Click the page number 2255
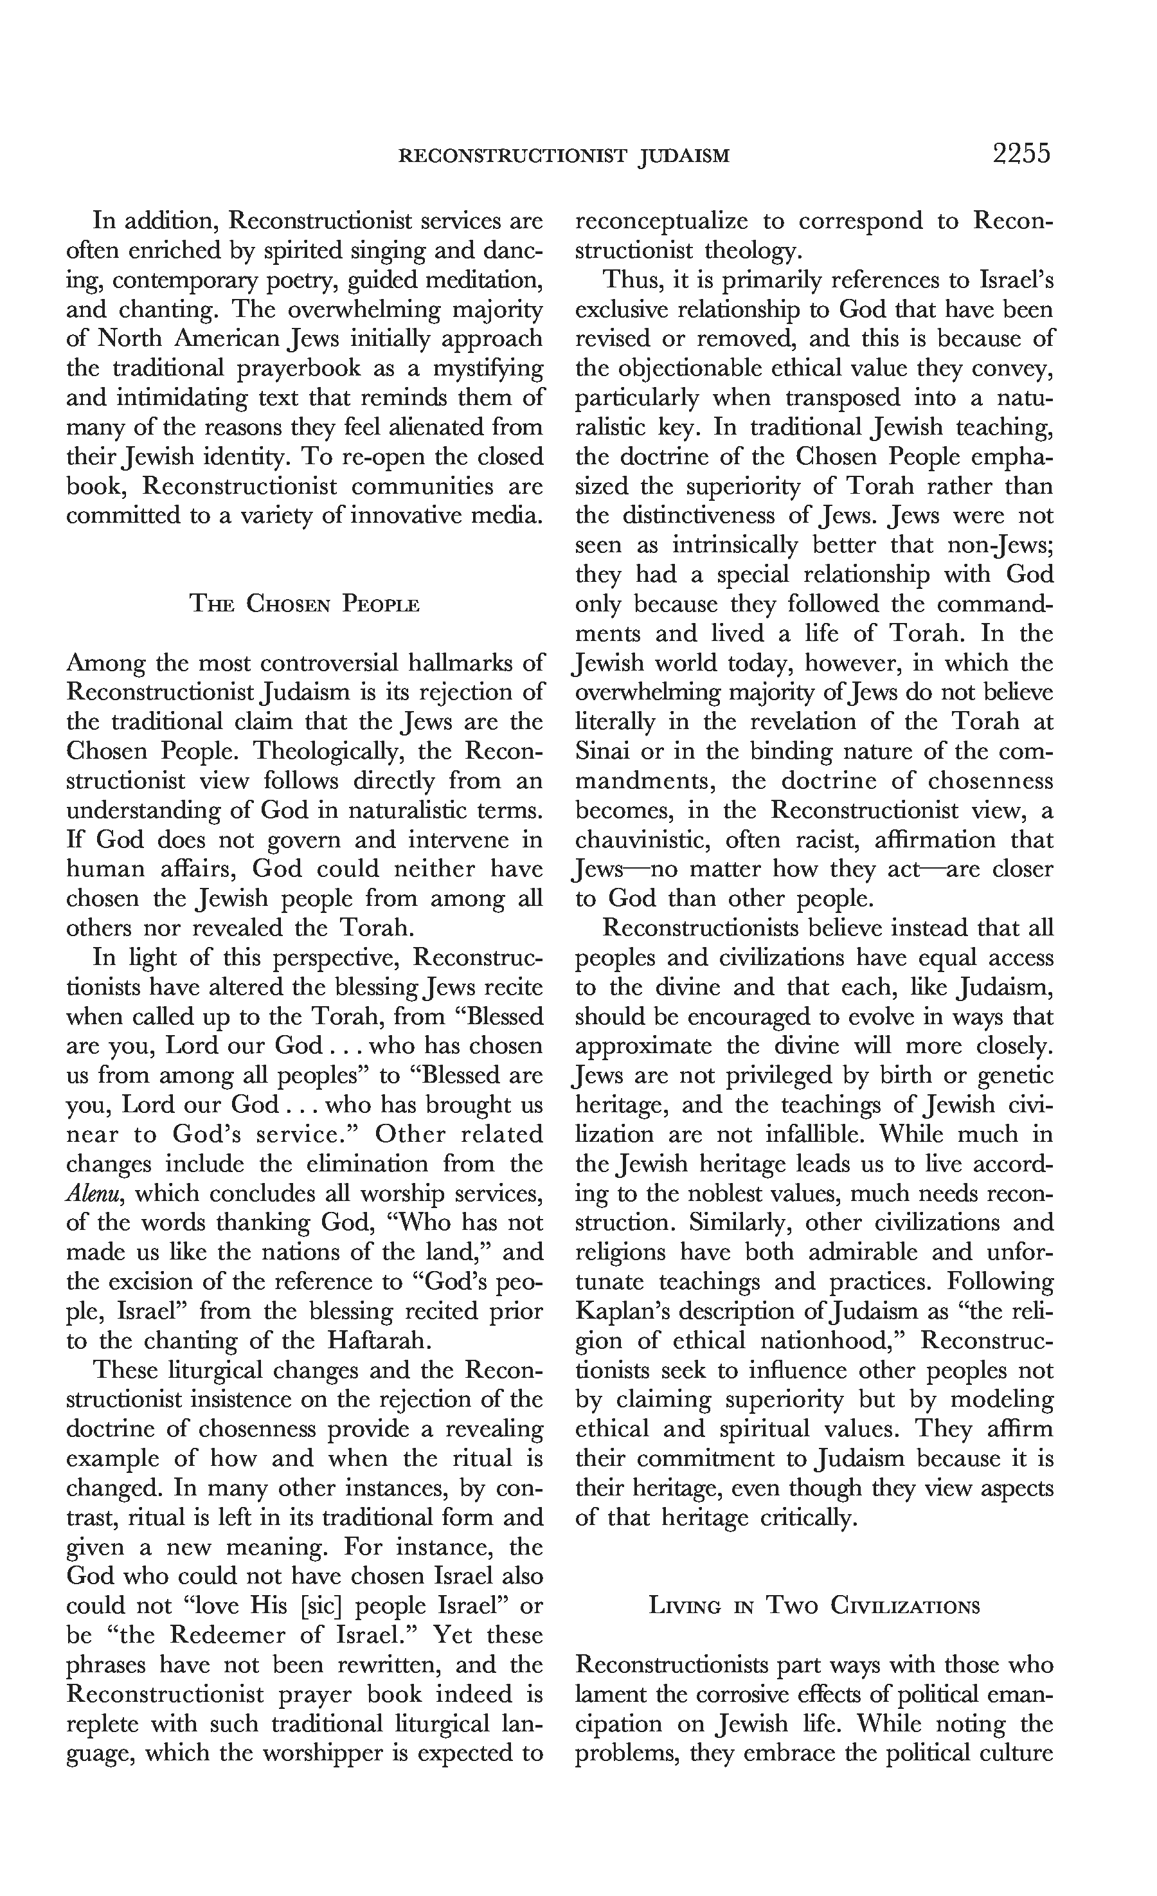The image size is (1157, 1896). coord(1021,155)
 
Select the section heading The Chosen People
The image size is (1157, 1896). coord(305,605)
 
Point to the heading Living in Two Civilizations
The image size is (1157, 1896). coord(814,1607)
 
